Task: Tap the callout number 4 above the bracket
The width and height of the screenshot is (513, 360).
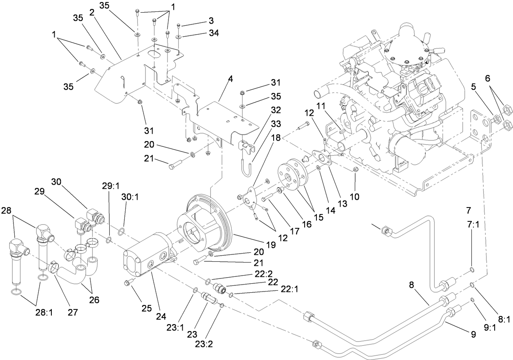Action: (x=230, y=80)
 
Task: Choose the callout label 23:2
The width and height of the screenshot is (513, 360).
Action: (x=204, y=344)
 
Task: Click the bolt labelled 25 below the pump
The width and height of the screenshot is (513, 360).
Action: (x=127, y=283)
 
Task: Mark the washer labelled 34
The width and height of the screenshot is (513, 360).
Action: (x=179, y=37)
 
